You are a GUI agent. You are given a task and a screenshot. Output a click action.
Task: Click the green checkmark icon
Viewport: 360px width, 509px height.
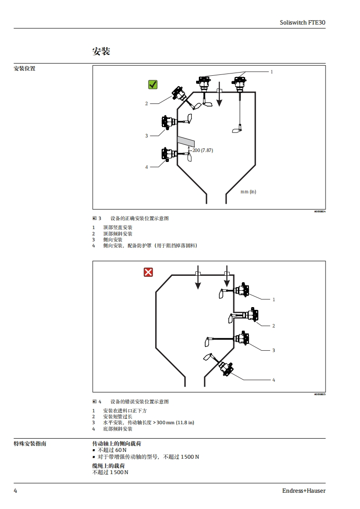point(153,84)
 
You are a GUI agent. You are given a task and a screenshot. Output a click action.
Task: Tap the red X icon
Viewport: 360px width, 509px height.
point(148,272)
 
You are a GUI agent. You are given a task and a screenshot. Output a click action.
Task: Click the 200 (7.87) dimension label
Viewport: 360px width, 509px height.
point(203,150)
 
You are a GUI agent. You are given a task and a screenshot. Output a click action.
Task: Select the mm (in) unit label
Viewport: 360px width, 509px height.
point(248,191)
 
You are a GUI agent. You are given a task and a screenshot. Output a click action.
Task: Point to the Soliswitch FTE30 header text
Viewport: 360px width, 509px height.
point(303,22)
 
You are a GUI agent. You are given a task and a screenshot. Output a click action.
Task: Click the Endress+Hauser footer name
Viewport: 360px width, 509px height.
point(304,490)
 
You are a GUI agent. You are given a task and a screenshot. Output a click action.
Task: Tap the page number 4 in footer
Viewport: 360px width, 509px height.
point(15,490)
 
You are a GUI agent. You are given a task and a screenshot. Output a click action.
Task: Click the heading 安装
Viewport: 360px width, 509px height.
point(101,51)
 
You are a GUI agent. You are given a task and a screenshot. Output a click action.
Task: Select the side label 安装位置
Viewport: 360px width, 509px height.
point(25,69)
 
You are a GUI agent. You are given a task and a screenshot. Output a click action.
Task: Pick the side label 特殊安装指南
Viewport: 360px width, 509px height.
point(30,443)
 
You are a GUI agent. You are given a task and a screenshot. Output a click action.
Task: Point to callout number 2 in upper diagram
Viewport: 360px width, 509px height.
point(147,103)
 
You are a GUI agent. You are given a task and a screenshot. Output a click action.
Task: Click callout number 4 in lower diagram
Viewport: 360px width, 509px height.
point(274,380)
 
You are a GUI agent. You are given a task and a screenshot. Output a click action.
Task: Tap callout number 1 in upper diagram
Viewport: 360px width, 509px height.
point(272,72)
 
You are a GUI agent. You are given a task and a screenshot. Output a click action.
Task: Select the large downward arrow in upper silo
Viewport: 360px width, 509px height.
point(219,95)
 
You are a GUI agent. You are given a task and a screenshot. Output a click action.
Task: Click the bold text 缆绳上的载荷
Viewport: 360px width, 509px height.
point(108,466)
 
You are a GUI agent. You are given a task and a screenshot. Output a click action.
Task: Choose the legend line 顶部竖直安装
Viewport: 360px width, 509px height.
point(118,227)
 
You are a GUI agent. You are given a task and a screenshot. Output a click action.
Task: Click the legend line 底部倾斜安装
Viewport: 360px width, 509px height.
point(118,429)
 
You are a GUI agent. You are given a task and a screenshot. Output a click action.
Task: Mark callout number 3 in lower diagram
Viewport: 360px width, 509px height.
point(274,350)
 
